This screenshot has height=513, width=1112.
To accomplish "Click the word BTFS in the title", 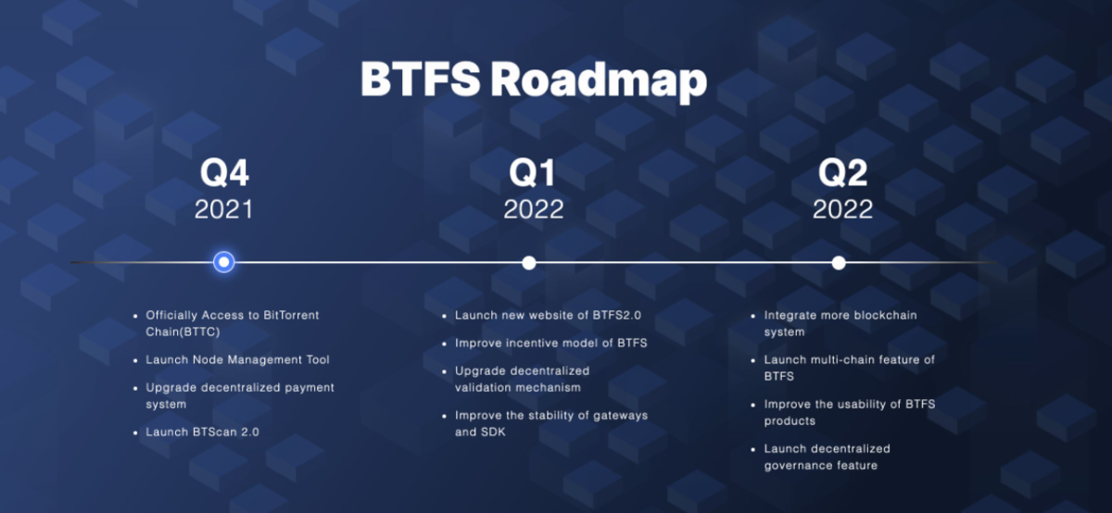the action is (x=421, y=79).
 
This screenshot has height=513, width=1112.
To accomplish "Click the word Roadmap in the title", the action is (x=599, y=81).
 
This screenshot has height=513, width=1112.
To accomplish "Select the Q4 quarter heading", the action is (x=224, y=173).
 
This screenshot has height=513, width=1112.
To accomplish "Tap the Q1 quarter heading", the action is (x=532, y=173).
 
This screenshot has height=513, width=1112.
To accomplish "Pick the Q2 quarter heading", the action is (x=842, y=173).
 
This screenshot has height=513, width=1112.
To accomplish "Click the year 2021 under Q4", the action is (x=224, y=209).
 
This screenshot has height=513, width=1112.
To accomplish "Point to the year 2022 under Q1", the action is (x=534, y=209).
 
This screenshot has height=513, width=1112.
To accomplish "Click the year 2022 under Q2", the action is (x=842, y=209).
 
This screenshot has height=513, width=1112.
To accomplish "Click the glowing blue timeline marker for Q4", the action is (x=224, y=262).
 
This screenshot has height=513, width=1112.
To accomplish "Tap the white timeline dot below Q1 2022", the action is (x=529, y=263).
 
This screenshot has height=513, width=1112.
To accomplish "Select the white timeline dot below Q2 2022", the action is (x=839, y=263).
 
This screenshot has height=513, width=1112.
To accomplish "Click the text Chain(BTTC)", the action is (x=183, y=332).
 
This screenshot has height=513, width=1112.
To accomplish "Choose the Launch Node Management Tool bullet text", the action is (x=237, y=359).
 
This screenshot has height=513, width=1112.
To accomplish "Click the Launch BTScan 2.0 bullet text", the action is (x=202, y=432).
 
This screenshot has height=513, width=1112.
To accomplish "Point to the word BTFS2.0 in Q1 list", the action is (x=616, y=316).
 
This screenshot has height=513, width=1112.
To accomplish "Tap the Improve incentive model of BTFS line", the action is (x=551, y=344).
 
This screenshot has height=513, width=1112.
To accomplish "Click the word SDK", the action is (x=493, y=432).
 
